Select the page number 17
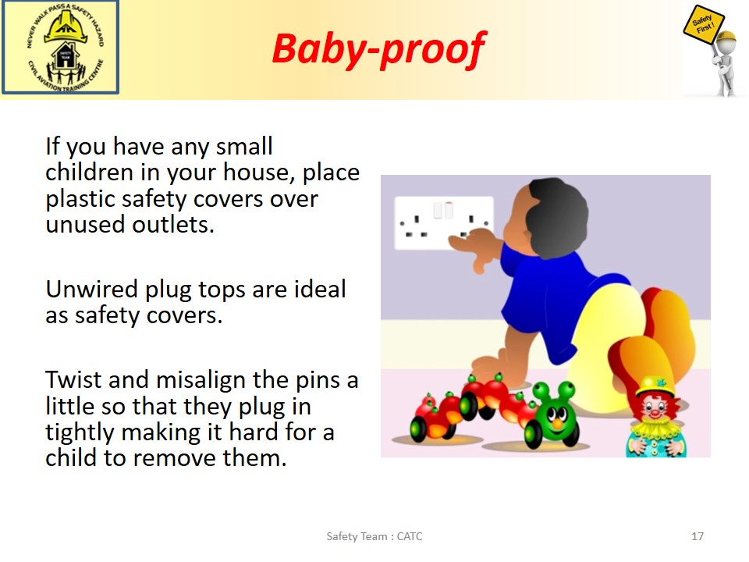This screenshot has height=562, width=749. coord(698,536)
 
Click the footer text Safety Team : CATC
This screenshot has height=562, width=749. coord(374,536)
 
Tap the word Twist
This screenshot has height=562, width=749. coord(73,380)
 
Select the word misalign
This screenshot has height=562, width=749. coord(201,381)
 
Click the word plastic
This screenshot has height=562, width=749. coord(80,200)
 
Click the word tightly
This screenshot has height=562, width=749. coord(80,433)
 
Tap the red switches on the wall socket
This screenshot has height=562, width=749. coord(449,210)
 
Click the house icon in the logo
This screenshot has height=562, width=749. coord(65,55)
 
